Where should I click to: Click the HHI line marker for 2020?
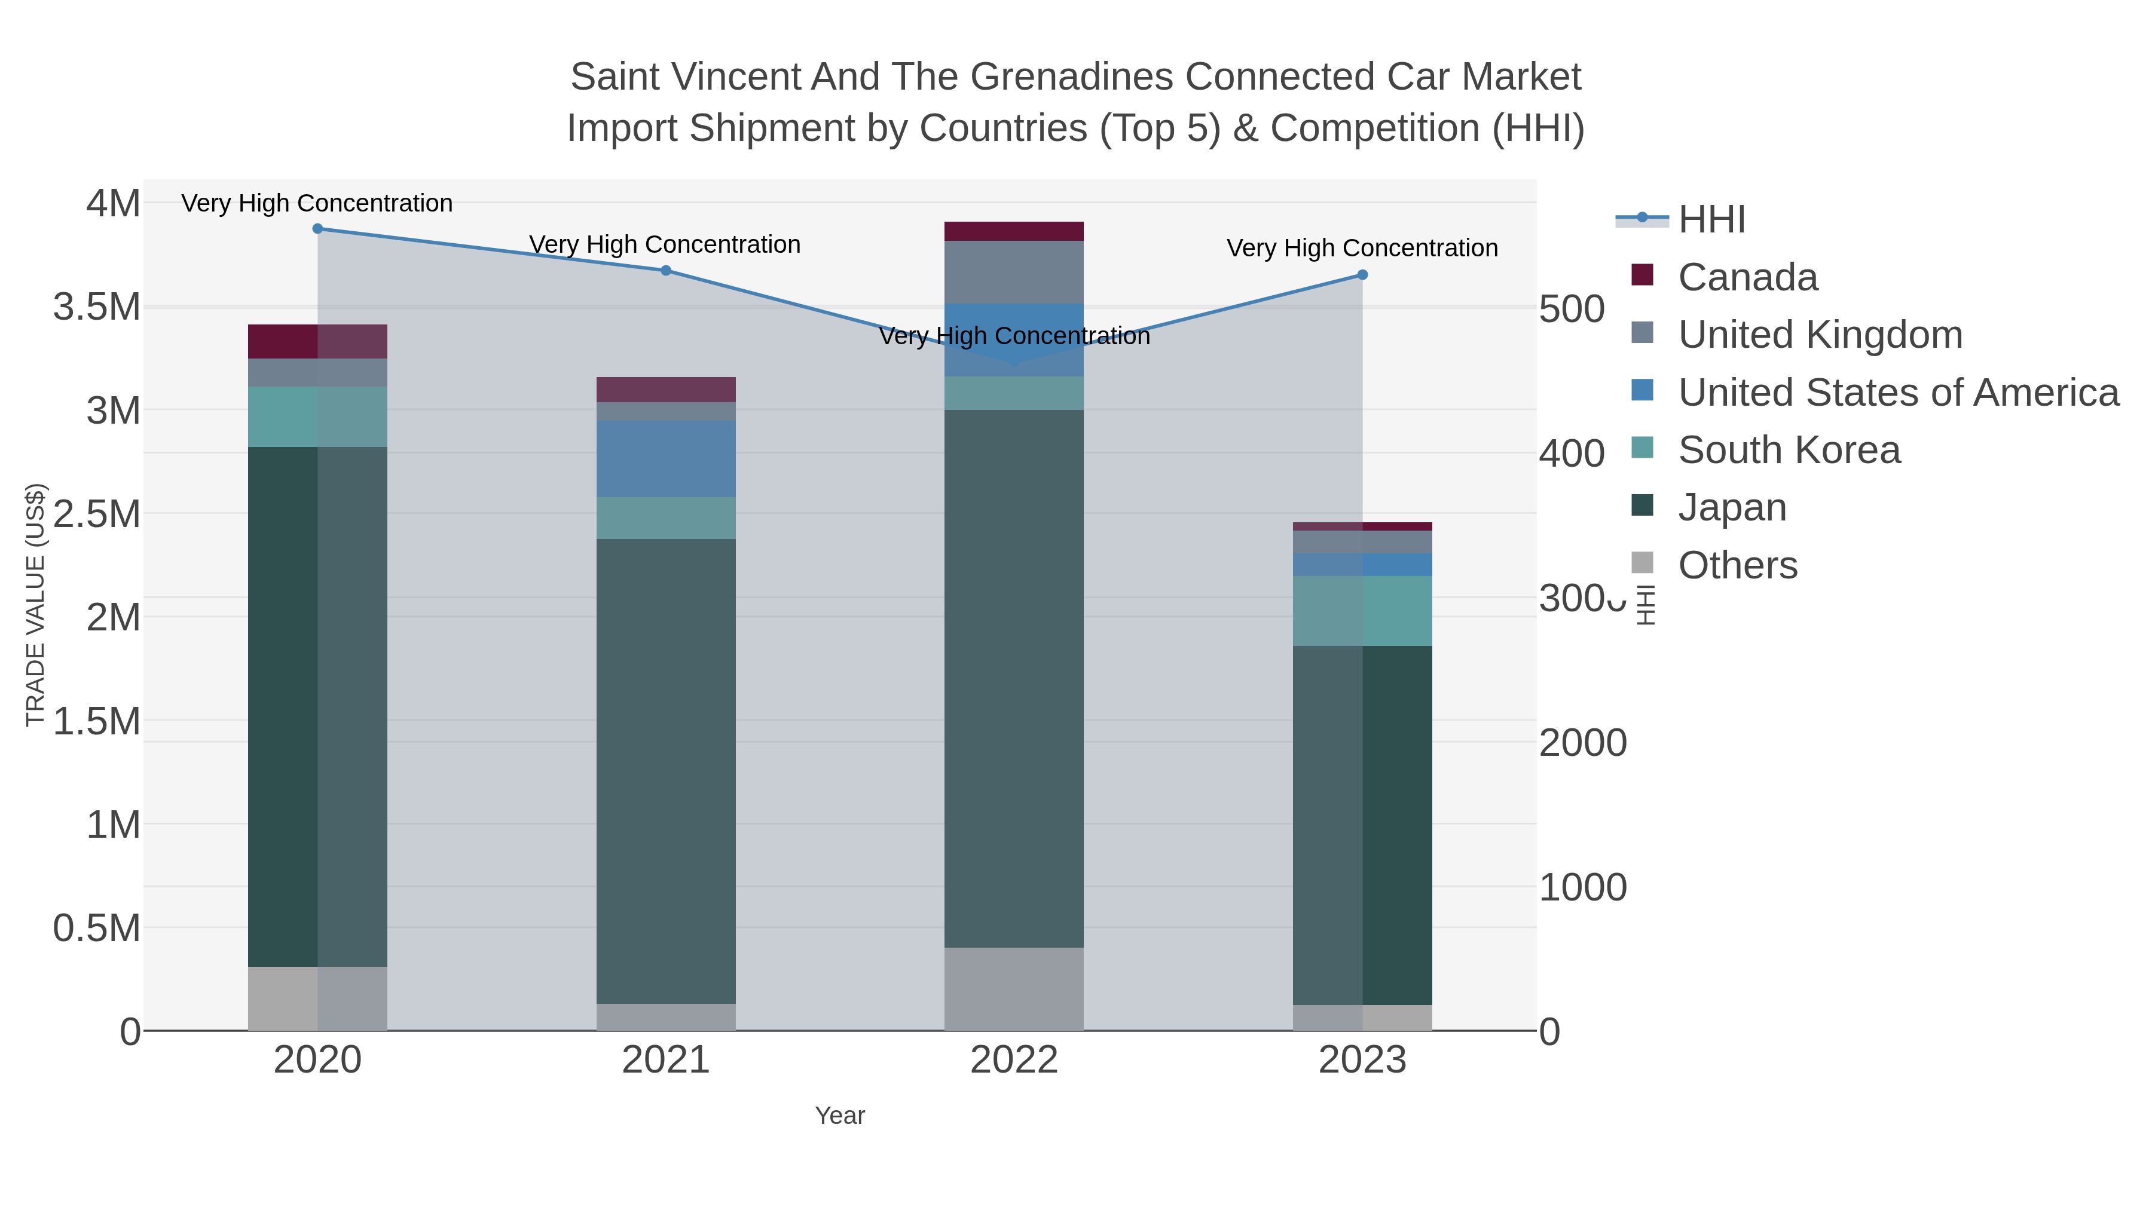click(x=317, y=229)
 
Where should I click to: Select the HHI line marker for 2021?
click(x=666, y=271)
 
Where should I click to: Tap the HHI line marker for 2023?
click(x=1362, y=275)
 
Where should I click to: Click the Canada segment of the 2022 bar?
click(x=1014, y=231)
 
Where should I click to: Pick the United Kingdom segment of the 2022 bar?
click(x=1014, y=272)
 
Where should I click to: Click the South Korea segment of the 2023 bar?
click(x=1362, y=611)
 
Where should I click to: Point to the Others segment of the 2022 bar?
click(x=1014, y=989)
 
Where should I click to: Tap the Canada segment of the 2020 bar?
click(x=317, y=342)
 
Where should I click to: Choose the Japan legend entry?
click(x=1731, y=508)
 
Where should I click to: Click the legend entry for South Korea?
click(x=1788, y=450)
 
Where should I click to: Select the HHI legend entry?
click(x=1711, y=220)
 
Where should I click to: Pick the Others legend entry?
click(x=1736, y=565)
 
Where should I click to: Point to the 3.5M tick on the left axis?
click(x=97, y=307)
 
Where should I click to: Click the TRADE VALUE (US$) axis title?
click(x=35, y=605)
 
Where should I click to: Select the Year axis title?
click(x=840, y=1116)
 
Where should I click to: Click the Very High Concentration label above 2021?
click(x=665, y=244)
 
